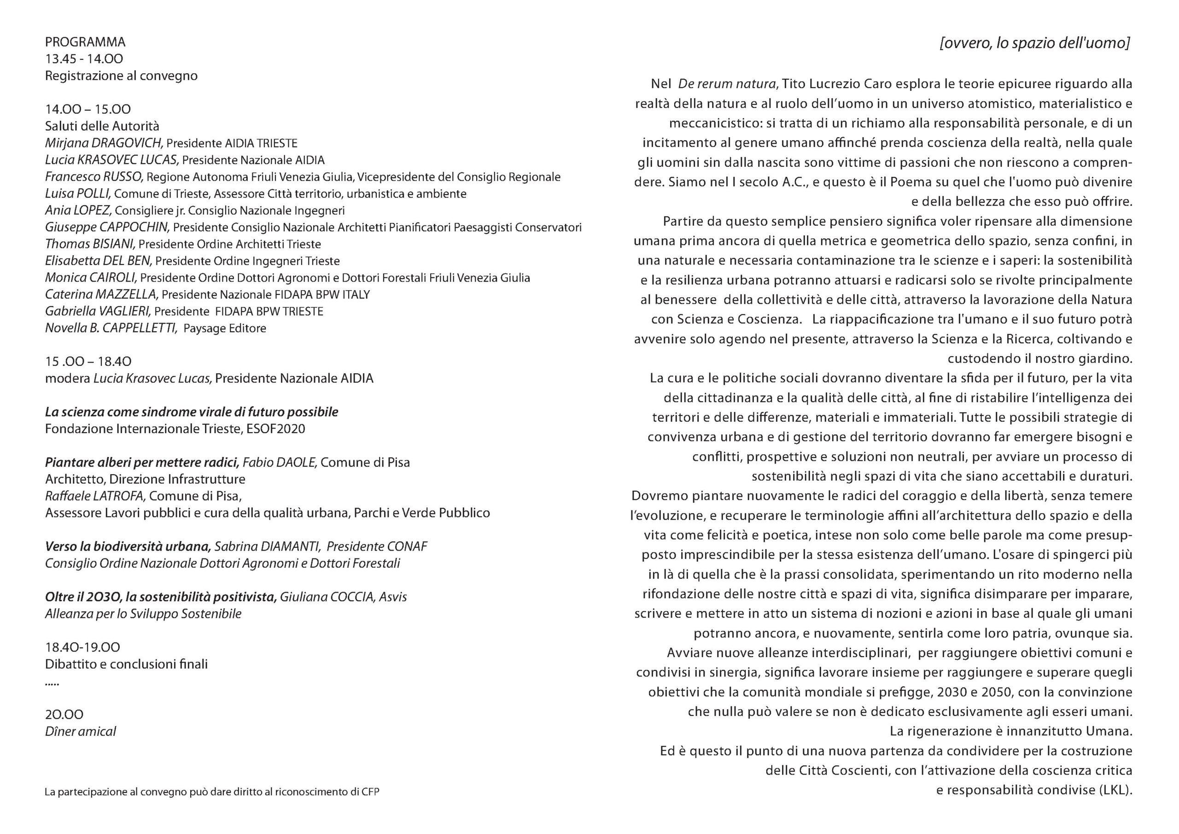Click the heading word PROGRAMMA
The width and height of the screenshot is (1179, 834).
click(85, 42)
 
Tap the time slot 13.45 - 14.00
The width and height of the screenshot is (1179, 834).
click(84, 59)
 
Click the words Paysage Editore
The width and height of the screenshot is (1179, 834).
click(225, 329)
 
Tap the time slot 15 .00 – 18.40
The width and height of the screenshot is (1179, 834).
click(88, 362)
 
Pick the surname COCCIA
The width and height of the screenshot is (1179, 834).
click(351, 597)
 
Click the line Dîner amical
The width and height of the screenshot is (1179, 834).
click(81, 731)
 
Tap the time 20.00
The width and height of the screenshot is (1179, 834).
click(64, 714)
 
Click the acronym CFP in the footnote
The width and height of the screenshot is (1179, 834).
click(370, 792)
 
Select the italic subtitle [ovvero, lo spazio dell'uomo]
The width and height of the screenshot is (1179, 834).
click(1035, 43)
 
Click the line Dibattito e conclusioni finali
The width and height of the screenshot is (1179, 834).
click(126, 664)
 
